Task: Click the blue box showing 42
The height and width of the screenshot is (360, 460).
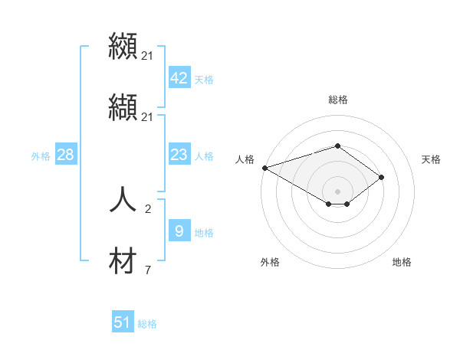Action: point(179,77)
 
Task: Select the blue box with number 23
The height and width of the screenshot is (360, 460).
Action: point(179,155)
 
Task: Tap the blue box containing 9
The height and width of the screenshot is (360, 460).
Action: point(179,231)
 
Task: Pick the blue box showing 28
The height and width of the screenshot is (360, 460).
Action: point(65,155)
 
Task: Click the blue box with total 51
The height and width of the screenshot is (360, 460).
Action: point(123,322)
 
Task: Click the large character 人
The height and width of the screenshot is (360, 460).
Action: point(123,198)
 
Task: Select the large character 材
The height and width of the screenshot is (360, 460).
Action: point(123,260)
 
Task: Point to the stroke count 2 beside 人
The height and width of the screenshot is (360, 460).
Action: point(148,208)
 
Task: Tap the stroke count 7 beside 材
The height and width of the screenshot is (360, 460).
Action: point(148,270)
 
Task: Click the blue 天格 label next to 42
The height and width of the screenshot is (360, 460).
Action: point(204,79)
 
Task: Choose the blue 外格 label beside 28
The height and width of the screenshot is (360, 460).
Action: point(41,155)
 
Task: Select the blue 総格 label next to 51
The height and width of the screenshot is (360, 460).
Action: point(147,324)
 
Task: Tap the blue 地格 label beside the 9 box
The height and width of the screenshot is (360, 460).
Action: point(204,233)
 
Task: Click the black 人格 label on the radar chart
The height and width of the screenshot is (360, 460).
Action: point(245,159)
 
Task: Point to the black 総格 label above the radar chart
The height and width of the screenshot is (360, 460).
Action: point(337,100)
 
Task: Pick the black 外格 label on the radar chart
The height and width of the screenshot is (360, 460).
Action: point(270,262)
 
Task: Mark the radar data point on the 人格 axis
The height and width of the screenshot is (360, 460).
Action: point(264,168)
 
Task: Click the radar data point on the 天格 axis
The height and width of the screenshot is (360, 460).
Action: point(381,177)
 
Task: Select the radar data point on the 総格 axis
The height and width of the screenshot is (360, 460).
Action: point(337,146)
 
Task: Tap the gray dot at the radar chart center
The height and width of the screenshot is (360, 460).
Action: point(337,191)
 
